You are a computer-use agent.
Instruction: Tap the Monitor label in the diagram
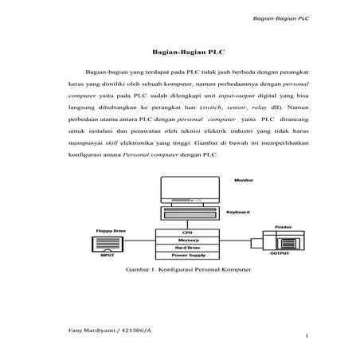point(243,181)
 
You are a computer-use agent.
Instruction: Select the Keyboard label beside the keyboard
point(237,212)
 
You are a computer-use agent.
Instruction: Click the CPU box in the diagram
point(188,232)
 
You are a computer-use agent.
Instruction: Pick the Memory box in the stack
point(188,240)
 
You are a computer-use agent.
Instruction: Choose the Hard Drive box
point(188,248)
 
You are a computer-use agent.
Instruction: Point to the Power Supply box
point(188,256)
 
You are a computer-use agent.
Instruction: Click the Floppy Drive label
point(111,229)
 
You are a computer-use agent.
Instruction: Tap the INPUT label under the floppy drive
point(107,257)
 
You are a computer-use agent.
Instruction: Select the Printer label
point(283,226)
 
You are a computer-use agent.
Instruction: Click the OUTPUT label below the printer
point(280,253)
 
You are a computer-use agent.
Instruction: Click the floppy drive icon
point(108,244)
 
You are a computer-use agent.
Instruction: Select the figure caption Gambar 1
point(188,271)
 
